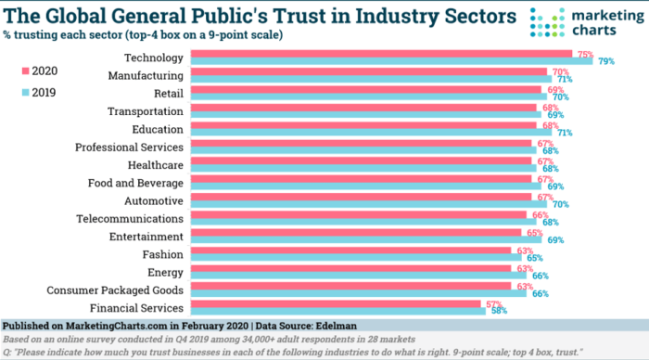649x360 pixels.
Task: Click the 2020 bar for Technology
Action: click(371, 54)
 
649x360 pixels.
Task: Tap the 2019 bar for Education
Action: click(371, 133)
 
